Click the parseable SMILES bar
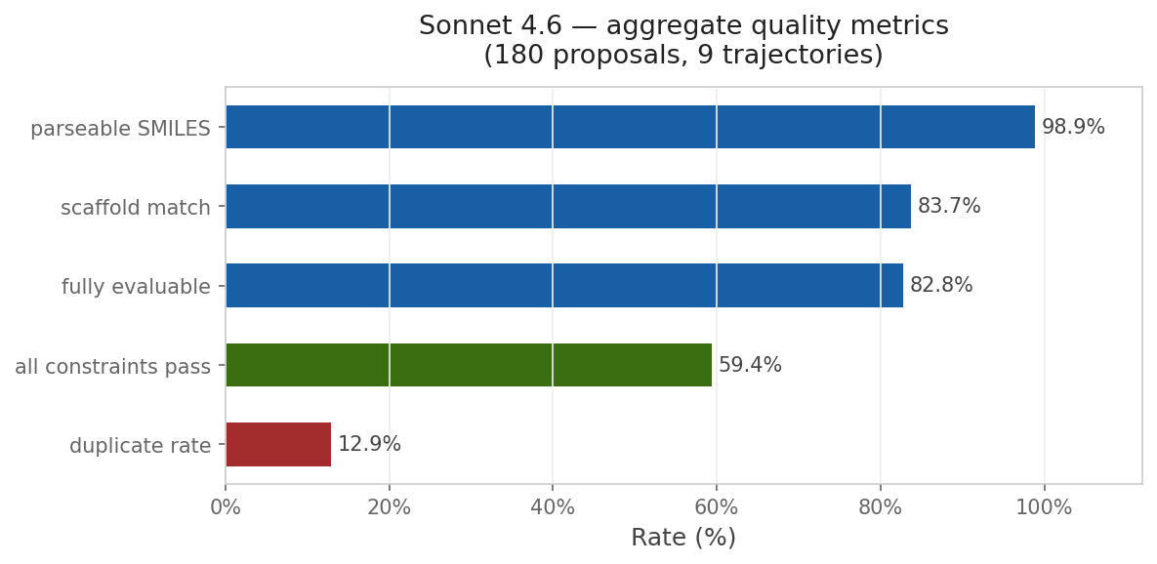pyautogui.click(x=630, y=127)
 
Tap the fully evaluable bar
pyautogui.click(x=564, y=286)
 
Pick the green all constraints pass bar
pyautogui.click(x=469, y=365)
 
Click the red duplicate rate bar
pyautogui.click(x=278, y=444)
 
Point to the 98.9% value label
pyautogui.click(x=1073, y=127)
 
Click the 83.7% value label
pyautogui.click(x=949, y=207)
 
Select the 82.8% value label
pyautogui.click(x=941, y=286)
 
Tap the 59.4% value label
pyautogui.click(x=750, y=365)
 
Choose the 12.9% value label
pyautogui.click(x=369, y=444)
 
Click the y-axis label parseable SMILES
pyautogui.click(x=120, y=129)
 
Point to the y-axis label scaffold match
pyautogui.click(x=136, y=208)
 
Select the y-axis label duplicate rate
pyautogui.click(x=140, y=446)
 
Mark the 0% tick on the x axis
pyautogui.click(x=226, y=507)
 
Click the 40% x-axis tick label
pyautogui.click(x=553, y=507)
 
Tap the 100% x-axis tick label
pyautogui.click(x=1044, y=507)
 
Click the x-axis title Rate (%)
pyautogui.click(x=683, y=538)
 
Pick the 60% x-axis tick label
pyautogui.click(x=717, y=507)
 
